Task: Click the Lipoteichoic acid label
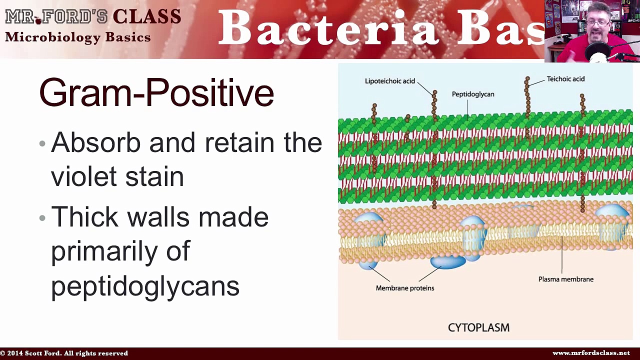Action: point(389,81)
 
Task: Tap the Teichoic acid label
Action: point(565,79)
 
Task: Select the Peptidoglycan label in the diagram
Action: point(472,94)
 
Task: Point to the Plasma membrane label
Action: point(565,279)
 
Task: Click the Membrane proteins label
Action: point(404,288)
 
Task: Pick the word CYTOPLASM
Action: point(478,327)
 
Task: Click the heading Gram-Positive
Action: point(156,93)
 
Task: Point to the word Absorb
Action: point(95,143)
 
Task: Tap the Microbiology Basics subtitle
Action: point(77,37)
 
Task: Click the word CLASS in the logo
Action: point(146,16)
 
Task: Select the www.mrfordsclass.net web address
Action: point(591,353)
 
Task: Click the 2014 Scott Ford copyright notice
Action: point(64,353)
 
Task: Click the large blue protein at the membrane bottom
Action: point(447,261)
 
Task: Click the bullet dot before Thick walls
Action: point(42,218)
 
